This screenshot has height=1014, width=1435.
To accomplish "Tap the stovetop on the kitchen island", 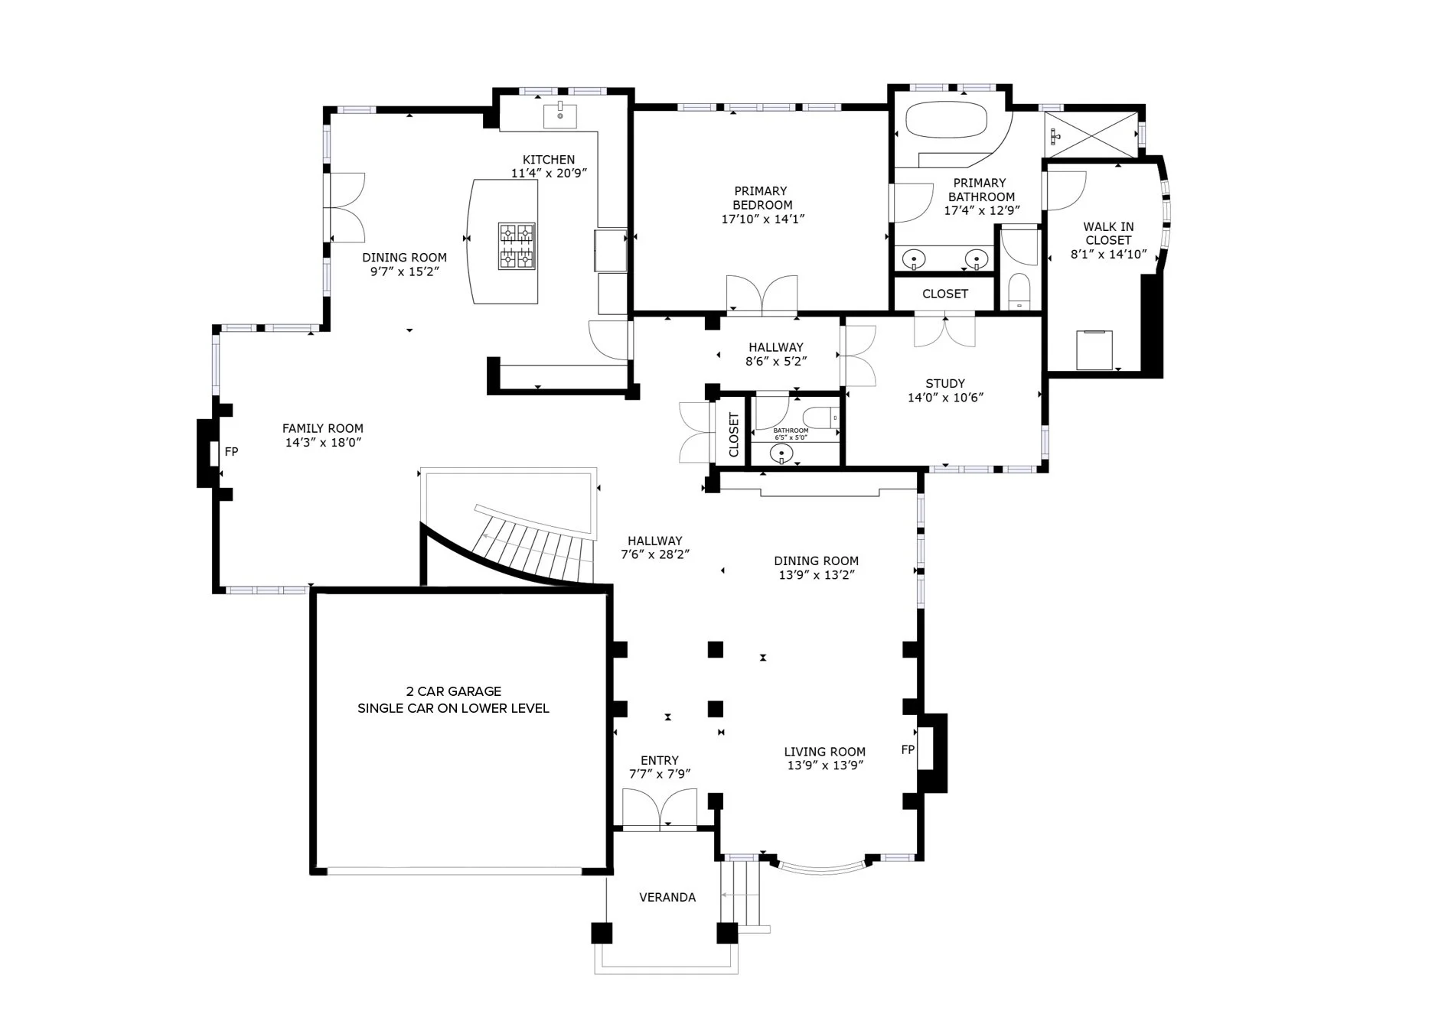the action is point(517,246).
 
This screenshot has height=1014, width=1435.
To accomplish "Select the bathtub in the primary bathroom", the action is point(947,119).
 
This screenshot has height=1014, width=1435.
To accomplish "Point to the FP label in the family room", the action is point(231,452).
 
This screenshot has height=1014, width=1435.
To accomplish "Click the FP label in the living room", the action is point(908,749).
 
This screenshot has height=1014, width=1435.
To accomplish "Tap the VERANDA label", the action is point(667,897).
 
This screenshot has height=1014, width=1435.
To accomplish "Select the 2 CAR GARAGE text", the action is point(454,691).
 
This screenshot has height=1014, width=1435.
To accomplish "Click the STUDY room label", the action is point(945,384).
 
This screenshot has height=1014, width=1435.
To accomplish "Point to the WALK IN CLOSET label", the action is point(1108,233).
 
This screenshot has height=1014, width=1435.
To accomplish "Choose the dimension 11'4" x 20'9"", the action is point(549,174).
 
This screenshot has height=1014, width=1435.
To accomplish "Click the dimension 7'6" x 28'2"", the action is point(655,554).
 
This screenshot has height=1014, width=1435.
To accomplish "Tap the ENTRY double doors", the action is point(660,808).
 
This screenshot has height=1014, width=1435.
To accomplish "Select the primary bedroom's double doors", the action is point(762,294).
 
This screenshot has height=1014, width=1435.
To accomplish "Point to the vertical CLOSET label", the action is point(734,435).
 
